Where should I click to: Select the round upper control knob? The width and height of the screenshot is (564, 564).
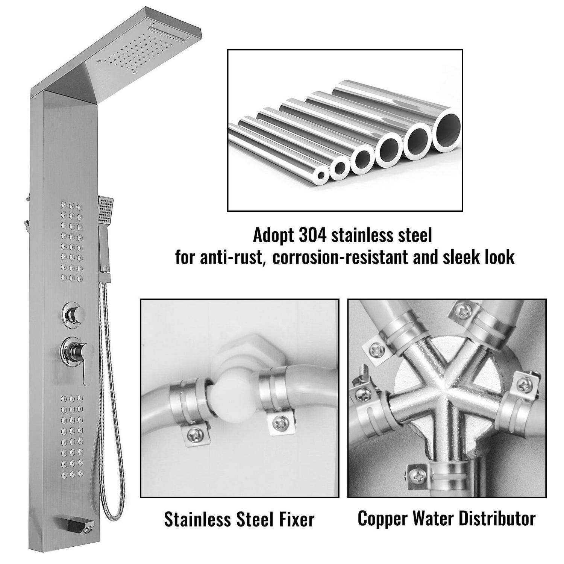(x=74, y=314)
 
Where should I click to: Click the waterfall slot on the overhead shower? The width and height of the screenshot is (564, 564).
(x=167, y=34)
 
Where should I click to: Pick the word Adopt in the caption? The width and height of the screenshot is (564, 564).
(x=273, y=236)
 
